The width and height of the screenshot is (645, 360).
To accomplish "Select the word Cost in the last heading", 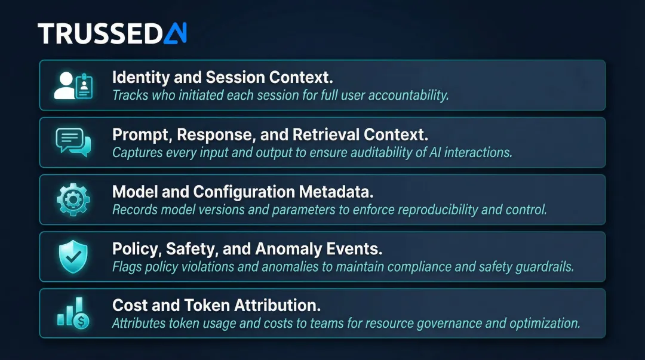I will click(x=127, y=306).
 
